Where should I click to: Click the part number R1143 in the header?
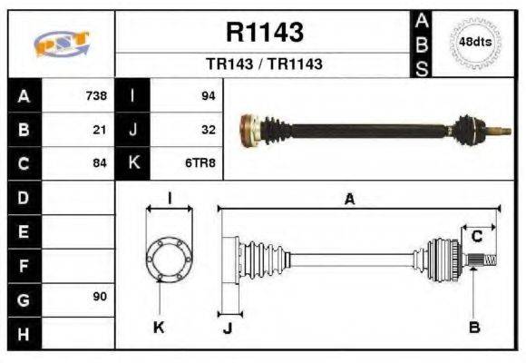(265, 34)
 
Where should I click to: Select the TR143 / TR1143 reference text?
(265, 64)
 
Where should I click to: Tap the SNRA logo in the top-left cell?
(61, 44)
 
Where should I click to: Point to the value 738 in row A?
(95, 95)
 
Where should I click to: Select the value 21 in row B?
(100, 130)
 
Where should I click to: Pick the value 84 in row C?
(100, 164)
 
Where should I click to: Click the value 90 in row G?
(100, 298)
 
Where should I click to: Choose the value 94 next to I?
(208, 95)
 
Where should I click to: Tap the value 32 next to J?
(208, 130)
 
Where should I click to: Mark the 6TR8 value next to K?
(200, 164)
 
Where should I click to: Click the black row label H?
(24, 333)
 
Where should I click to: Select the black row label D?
(24, 198)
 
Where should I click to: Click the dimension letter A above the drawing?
(349, 200)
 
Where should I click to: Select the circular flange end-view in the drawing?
(169, 257)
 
